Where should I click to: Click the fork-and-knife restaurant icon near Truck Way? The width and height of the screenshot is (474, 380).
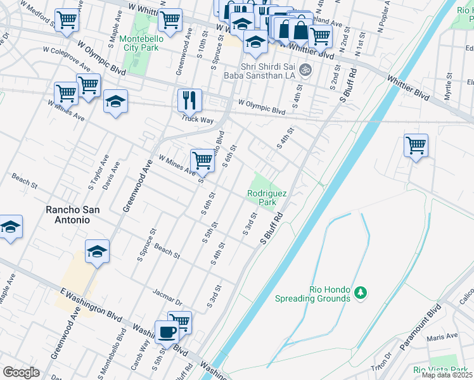189,99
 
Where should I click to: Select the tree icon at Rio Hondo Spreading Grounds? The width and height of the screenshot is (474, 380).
361,292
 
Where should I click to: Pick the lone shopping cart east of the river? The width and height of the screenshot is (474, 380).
416,145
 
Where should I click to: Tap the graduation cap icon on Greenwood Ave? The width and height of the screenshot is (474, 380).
98,251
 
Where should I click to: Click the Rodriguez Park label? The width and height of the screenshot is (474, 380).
267,198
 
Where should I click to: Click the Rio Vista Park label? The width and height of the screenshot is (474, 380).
437,369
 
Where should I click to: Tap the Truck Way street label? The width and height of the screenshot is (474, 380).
196,118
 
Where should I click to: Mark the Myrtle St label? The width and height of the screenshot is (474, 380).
448,87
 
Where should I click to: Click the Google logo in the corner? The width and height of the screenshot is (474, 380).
21,372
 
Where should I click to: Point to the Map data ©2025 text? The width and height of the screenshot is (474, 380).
447,375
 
